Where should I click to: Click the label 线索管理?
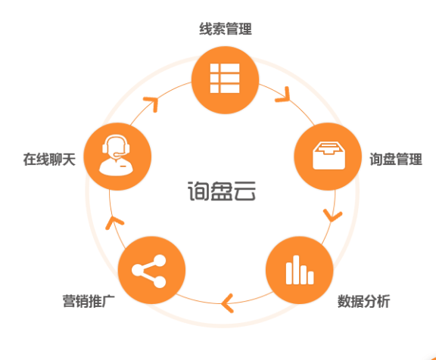coord(226,29)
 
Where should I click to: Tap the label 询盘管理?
coord(396,160)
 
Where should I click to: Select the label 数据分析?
coord(363,302)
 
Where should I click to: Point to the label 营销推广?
coord(89,302)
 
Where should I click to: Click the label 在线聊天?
coord(49,160)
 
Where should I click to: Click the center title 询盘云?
coord(222,191)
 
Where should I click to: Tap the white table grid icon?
coord(225,79)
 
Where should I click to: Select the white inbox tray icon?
coord(329,156)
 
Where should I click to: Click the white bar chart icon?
coord(300,270)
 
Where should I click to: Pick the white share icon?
coord(149,271)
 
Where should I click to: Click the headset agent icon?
coord(116,155)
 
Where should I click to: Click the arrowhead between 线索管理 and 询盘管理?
coord(284,95)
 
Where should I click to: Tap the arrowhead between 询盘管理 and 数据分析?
coord(332,216)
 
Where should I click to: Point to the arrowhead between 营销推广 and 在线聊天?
coord(114,222)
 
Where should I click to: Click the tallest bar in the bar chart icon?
coord(297,270)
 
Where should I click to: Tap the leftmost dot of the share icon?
coord(137,270)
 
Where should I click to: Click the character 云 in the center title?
coord(244,191)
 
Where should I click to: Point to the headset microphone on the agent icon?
coord(119,154)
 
